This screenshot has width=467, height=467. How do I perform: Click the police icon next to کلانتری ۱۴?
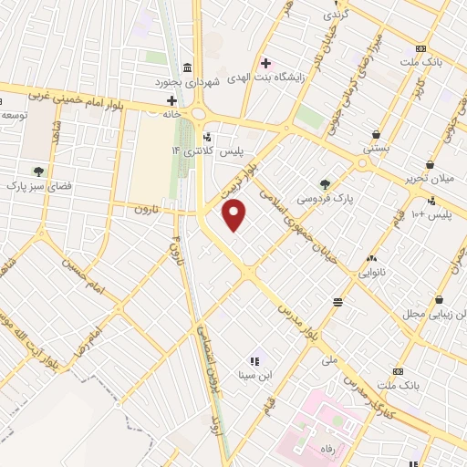click(205, 138)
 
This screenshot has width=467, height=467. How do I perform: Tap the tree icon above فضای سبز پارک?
click(38, 170)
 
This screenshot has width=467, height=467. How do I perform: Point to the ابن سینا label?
click(255, 374)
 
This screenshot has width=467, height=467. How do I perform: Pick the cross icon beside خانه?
click(171, 99)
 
